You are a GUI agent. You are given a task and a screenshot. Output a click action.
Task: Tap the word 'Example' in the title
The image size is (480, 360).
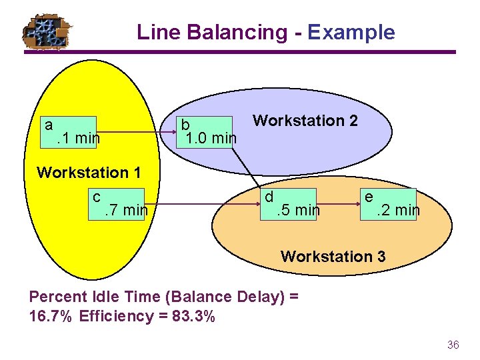tap(351, 32)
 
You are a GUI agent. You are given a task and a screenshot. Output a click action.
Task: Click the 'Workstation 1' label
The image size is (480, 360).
tap(89, 173)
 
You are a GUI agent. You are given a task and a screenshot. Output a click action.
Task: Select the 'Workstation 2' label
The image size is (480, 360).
tap(305, 121)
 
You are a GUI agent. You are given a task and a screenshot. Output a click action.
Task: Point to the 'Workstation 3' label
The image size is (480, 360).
tap(333, 256)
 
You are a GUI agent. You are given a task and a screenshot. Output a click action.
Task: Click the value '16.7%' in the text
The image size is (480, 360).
tap(51, 316)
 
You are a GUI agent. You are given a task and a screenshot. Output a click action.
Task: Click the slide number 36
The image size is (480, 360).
tap(453, 345)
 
